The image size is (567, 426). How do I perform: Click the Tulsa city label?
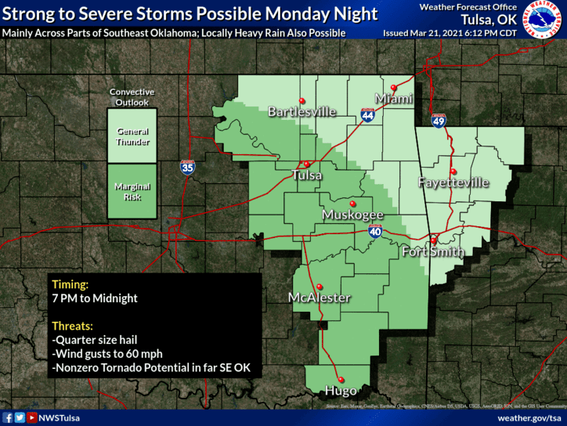coord(306,175)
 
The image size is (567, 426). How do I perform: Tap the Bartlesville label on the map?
coord(302,112)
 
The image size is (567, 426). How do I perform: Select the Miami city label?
coord(394,99)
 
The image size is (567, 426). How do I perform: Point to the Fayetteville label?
coord(453,182)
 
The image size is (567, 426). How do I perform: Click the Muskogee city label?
coord(353,215)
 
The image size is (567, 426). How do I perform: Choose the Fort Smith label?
coord(432,252)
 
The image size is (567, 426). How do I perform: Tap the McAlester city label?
coord(319,298)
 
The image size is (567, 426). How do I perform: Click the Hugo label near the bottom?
coord(341,390)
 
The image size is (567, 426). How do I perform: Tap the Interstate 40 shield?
coord(375,231)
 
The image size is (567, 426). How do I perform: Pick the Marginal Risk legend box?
coord(132,191)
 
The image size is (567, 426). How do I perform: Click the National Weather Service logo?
coord(544,23)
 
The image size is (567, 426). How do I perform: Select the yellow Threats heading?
coord(72,325)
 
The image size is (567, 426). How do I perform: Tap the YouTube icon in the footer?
coord(31,418)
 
